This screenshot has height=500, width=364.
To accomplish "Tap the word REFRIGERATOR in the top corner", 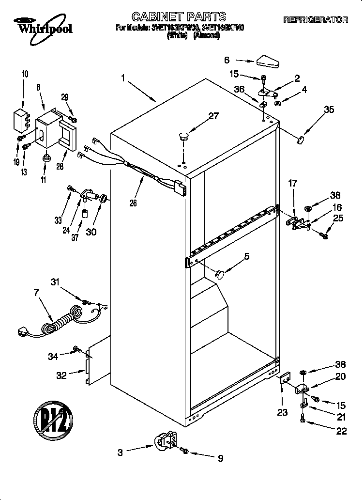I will tap(315, 20).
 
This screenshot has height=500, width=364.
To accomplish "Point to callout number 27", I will tap(213, 116).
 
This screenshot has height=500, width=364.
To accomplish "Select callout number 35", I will tap(329, 109).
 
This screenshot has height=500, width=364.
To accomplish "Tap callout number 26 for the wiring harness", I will tap(133, 203).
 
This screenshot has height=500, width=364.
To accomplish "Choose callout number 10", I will tap(25, 74).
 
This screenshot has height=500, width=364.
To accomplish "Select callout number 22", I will tap(341, 431).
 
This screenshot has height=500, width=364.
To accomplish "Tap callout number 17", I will tap(292, 184).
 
